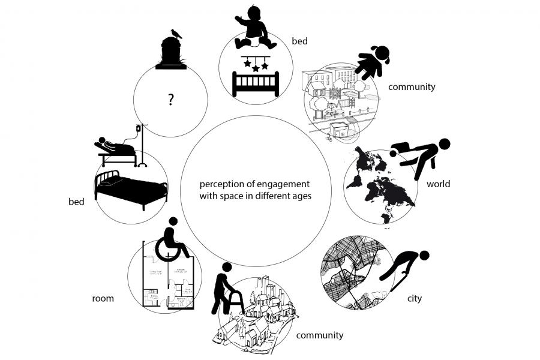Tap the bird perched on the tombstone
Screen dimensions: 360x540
pyautogui.click(x=175, y=34)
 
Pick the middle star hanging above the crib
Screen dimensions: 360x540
pyautogui.click(x=256, y=68)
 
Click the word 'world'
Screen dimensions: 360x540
pyautogui.click(x=438, y=184)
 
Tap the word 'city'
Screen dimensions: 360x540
pyautogui.click(x=414, y=298)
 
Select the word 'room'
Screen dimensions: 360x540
pyautogui.click(x=103, y=298)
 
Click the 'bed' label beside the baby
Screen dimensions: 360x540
pyautogui.click(x=299, y=41)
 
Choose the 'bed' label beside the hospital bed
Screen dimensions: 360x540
pyautogui.click(x=76, y=202)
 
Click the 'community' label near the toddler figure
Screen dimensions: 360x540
pyautogui.click(x=411, y=87)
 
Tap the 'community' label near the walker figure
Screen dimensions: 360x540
pyautogui.click(x=320, y=335)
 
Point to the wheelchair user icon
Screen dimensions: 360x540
pyautogui.click(x=172, y=241)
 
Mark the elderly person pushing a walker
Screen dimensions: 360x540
pyautogui.click(x=224, y=289)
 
